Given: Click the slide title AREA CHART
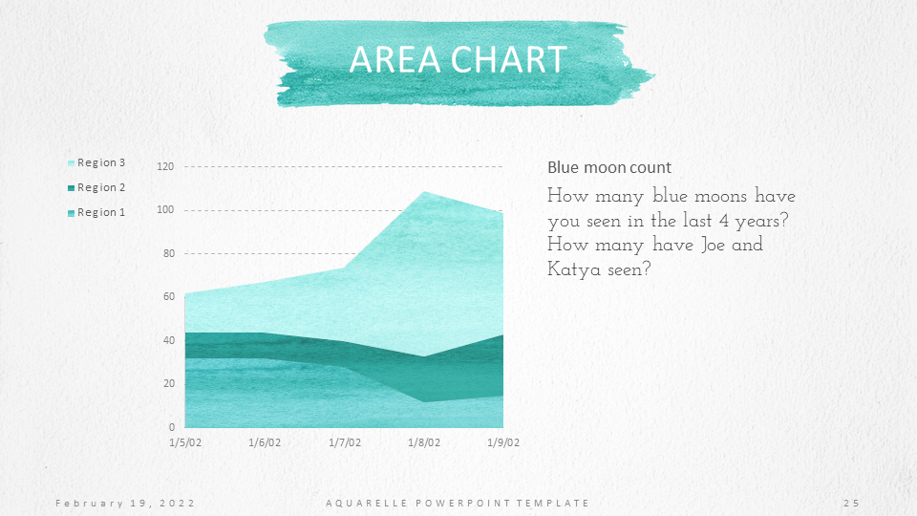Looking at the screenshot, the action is click(x=458, y=59).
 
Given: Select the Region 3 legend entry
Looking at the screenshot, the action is click(x=96, y=162).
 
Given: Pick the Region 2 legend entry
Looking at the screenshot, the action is click(x=96, y=187).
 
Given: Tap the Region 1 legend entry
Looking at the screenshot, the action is click(x=96, y=212).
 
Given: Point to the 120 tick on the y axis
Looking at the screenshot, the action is click(x=165, y=166).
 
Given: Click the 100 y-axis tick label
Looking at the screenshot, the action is click(x=165, y=210).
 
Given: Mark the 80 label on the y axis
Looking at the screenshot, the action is click(x=168, y=253).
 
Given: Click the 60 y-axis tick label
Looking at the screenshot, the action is click(x=168, y=296).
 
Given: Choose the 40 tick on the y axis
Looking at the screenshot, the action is click(x=168, y=340).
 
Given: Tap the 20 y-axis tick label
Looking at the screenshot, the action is click(x=168, y=384).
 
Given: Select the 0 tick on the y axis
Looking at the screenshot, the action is click(x=171, y=427).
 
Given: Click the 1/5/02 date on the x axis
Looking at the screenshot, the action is click(x=185, y=442).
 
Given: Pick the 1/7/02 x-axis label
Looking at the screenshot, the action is click(x=345, y=442).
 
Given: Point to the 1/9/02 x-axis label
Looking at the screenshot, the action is click(x=503, y=442).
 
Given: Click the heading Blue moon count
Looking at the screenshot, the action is click(x=609, y=168).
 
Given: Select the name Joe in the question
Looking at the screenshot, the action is click(x=713, y=244).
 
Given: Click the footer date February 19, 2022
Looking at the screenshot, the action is click(x=125, y=504).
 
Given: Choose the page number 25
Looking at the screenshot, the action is click(x=851, y=504).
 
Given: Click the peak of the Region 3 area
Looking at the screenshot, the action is click(x=424, y=192).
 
